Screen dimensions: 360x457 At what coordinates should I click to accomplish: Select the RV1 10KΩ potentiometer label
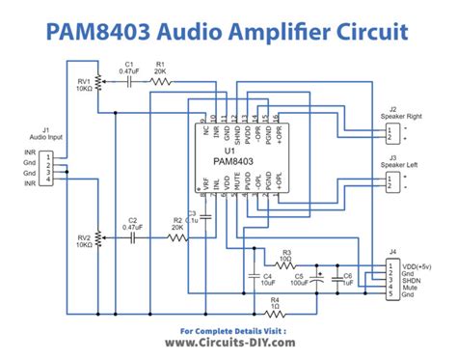(83, 85)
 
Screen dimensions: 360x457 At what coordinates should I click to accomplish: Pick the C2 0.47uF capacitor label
(133, 224)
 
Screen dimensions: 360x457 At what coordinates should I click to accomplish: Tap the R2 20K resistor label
(177, 224)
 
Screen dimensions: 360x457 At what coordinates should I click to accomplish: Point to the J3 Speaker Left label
(411, 161)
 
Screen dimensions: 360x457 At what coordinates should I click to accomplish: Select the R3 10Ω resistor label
(285, 255)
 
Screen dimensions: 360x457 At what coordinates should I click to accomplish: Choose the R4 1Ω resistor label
(276, 303)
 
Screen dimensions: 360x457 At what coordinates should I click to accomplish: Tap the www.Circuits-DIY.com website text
(228, 342)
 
